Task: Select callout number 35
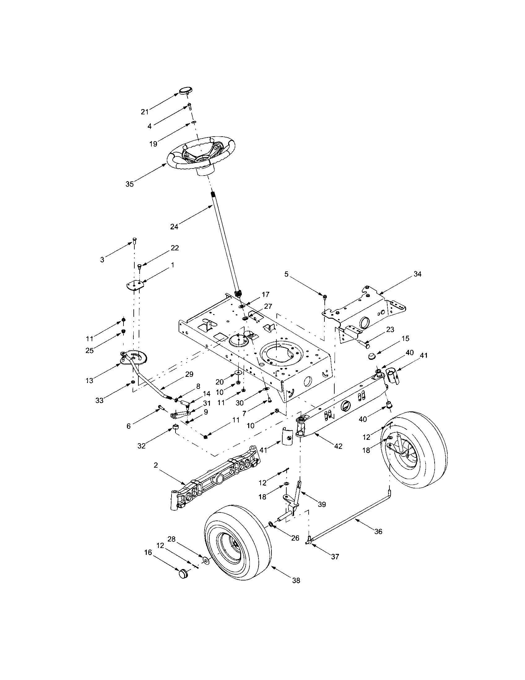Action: coord(129,184)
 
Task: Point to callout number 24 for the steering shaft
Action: coord(174,227)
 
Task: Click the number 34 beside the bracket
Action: coord(417,274)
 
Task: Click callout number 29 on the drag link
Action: coord(189,374)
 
